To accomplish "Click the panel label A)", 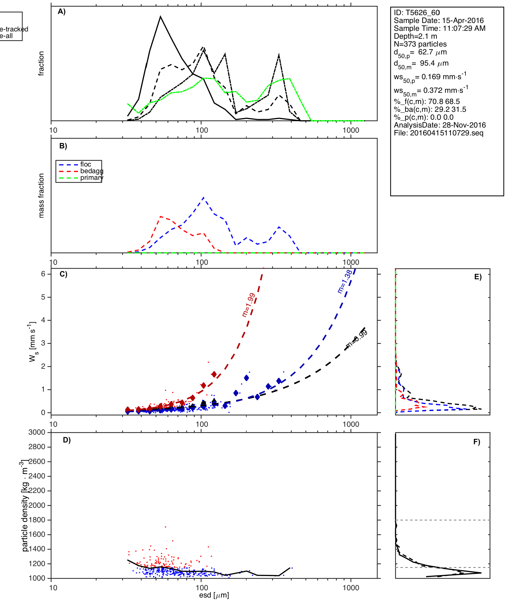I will (x=62, y=12).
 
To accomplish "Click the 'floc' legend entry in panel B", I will (x=86, y=164).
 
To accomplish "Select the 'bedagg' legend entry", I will (x=92, y=171).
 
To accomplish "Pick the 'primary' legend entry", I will (x=92, y=178).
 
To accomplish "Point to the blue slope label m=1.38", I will (x=345, y=281).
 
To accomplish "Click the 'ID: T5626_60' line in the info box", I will (x=416, y=13).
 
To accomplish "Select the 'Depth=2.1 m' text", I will (x=415, y=36).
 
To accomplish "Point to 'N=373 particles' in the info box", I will (x=420, y=44).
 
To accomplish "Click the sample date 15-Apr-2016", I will (x=463, y=21).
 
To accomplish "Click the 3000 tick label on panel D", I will (x=37, y=432).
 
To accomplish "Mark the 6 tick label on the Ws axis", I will (x=43, y=274).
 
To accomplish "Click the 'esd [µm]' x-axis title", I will (x=214, y=595).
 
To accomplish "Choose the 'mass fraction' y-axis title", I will (x=41, y=196).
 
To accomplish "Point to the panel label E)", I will (x=478, y=277).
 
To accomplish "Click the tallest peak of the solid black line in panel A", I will (x=160, y=17).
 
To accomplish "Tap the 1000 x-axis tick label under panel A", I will (x=351, y=130).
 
